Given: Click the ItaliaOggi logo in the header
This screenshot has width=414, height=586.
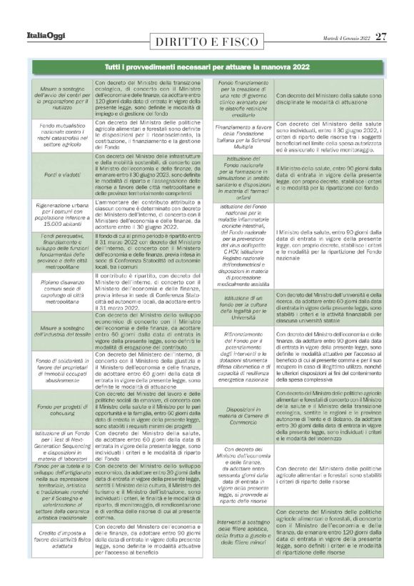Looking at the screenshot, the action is (x=48, y=36).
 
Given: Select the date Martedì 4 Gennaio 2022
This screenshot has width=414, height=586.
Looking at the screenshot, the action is (x=345, y=36).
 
